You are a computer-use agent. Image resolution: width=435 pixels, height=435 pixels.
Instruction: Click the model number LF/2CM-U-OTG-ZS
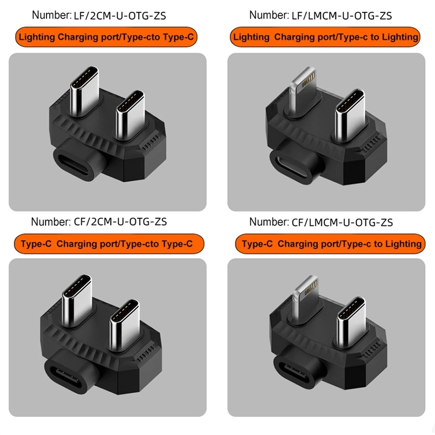[120, 16]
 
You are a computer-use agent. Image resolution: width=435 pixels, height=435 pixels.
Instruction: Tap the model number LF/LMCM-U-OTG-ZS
[342, 16]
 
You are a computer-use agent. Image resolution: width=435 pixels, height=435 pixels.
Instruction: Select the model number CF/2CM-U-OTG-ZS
[120, 222]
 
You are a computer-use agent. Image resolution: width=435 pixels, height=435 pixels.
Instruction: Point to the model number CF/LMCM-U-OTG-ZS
[342, 222]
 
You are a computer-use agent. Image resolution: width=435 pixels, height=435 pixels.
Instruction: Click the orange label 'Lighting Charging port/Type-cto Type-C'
[106, 37]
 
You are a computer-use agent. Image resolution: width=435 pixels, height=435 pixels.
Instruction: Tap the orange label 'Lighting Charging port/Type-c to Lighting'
[325, 37]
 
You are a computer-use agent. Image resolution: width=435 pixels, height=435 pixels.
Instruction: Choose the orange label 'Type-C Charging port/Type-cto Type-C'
[109, 244]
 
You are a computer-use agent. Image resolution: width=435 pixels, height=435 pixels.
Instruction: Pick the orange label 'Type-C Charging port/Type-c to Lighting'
[330, 244]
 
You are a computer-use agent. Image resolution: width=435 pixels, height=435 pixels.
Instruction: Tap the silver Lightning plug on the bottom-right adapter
[305, 296]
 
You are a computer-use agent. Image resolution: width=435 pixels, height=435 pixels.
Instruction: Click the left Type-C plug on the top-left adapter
[84, 89]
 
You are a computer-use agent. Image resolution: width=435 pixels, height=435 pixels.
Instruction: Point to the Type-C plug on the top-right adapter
[350, 114]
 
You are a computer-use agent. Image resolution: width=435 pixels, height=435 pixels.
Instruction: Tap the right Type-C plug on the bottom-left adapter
[124, 323]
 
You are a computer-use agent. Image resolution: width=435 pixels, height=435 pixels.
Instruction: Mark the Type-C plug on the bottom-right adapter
[351, 320]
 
